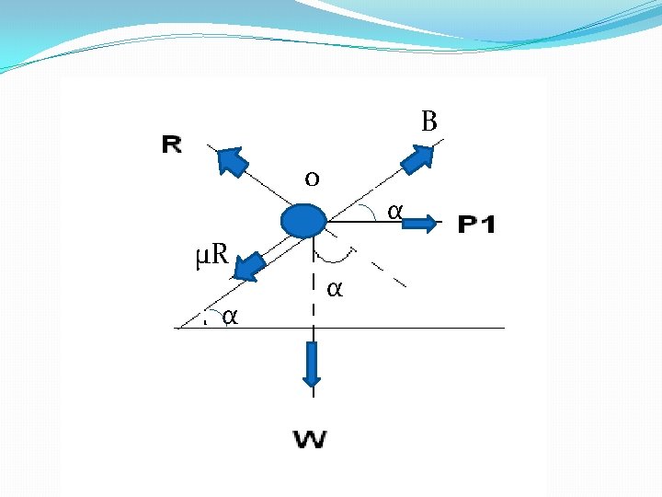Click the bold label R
click(172, 144)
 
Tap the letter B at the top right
click(428, 121)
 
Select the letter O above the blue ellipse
click(312, 179)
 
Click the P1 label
click(476, 224)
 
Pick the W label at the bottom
click(312, 439)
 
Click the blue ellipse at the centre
click(303, 221)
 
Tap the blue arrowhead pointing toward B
click(417, 158)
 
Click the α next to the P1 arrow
click(394, 212)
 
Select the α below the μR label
click(231, 317)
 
